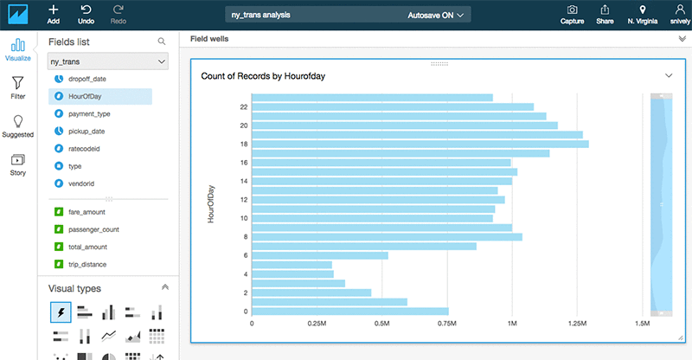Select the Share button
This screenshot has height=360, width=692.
605,12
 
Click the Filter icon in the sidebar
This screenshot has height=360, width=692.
17,87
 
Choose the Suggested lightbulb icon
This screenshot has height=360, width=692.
17,125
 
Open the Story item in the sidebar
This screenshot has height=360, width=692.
17,164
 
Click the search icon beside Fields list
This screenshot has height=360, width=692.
161,41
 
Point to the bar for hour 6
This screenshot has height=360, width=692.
319,255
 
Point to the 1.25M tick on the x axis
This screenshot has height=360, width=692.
577,324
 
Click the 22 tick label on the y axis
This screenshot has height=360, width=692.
244,107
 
